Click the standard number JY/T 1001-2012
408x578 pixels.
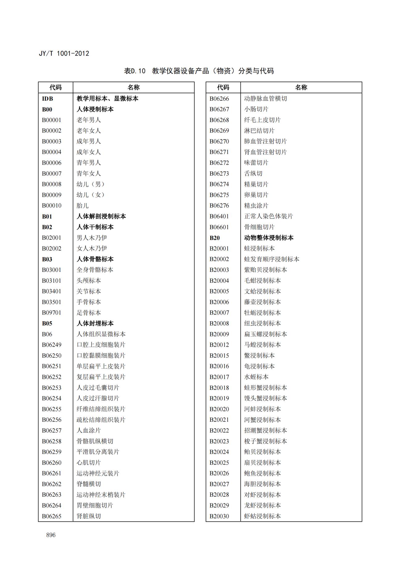(64, 53)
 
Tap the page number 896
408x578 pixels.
(51, 535)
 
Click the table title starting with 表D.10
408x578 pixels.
(199, 71)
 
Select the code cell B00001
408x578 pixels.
(52, 120)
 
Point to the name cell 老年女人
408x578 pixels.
(89, 131)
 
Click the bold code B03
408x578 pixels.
(47, 259)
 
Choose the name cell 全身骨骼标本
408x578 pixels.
(95, 270)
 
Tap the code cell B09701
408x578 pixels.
(52, 313)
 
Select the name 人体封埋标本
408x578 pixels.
(95, 323)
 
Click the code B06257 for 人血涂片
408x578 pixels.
(52, 430)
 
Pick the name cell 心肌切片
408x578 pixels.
(89, 462)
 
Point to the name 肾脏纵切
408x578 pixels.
(89, 516)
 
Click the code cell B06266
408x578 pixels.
(219, 99)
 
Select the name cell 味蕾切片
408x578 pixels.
(256, 163)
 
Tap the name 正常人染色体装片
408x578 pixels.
(268, 216)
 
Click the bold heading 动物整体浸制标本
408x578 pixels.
(269, 238)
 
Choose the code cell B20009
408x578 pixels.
(219, 334)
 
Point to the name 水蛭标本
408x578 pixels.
(256, 377)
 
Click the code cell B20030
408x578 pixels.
(219, 516)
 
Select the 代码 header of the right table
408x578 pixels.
(223, 87)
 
